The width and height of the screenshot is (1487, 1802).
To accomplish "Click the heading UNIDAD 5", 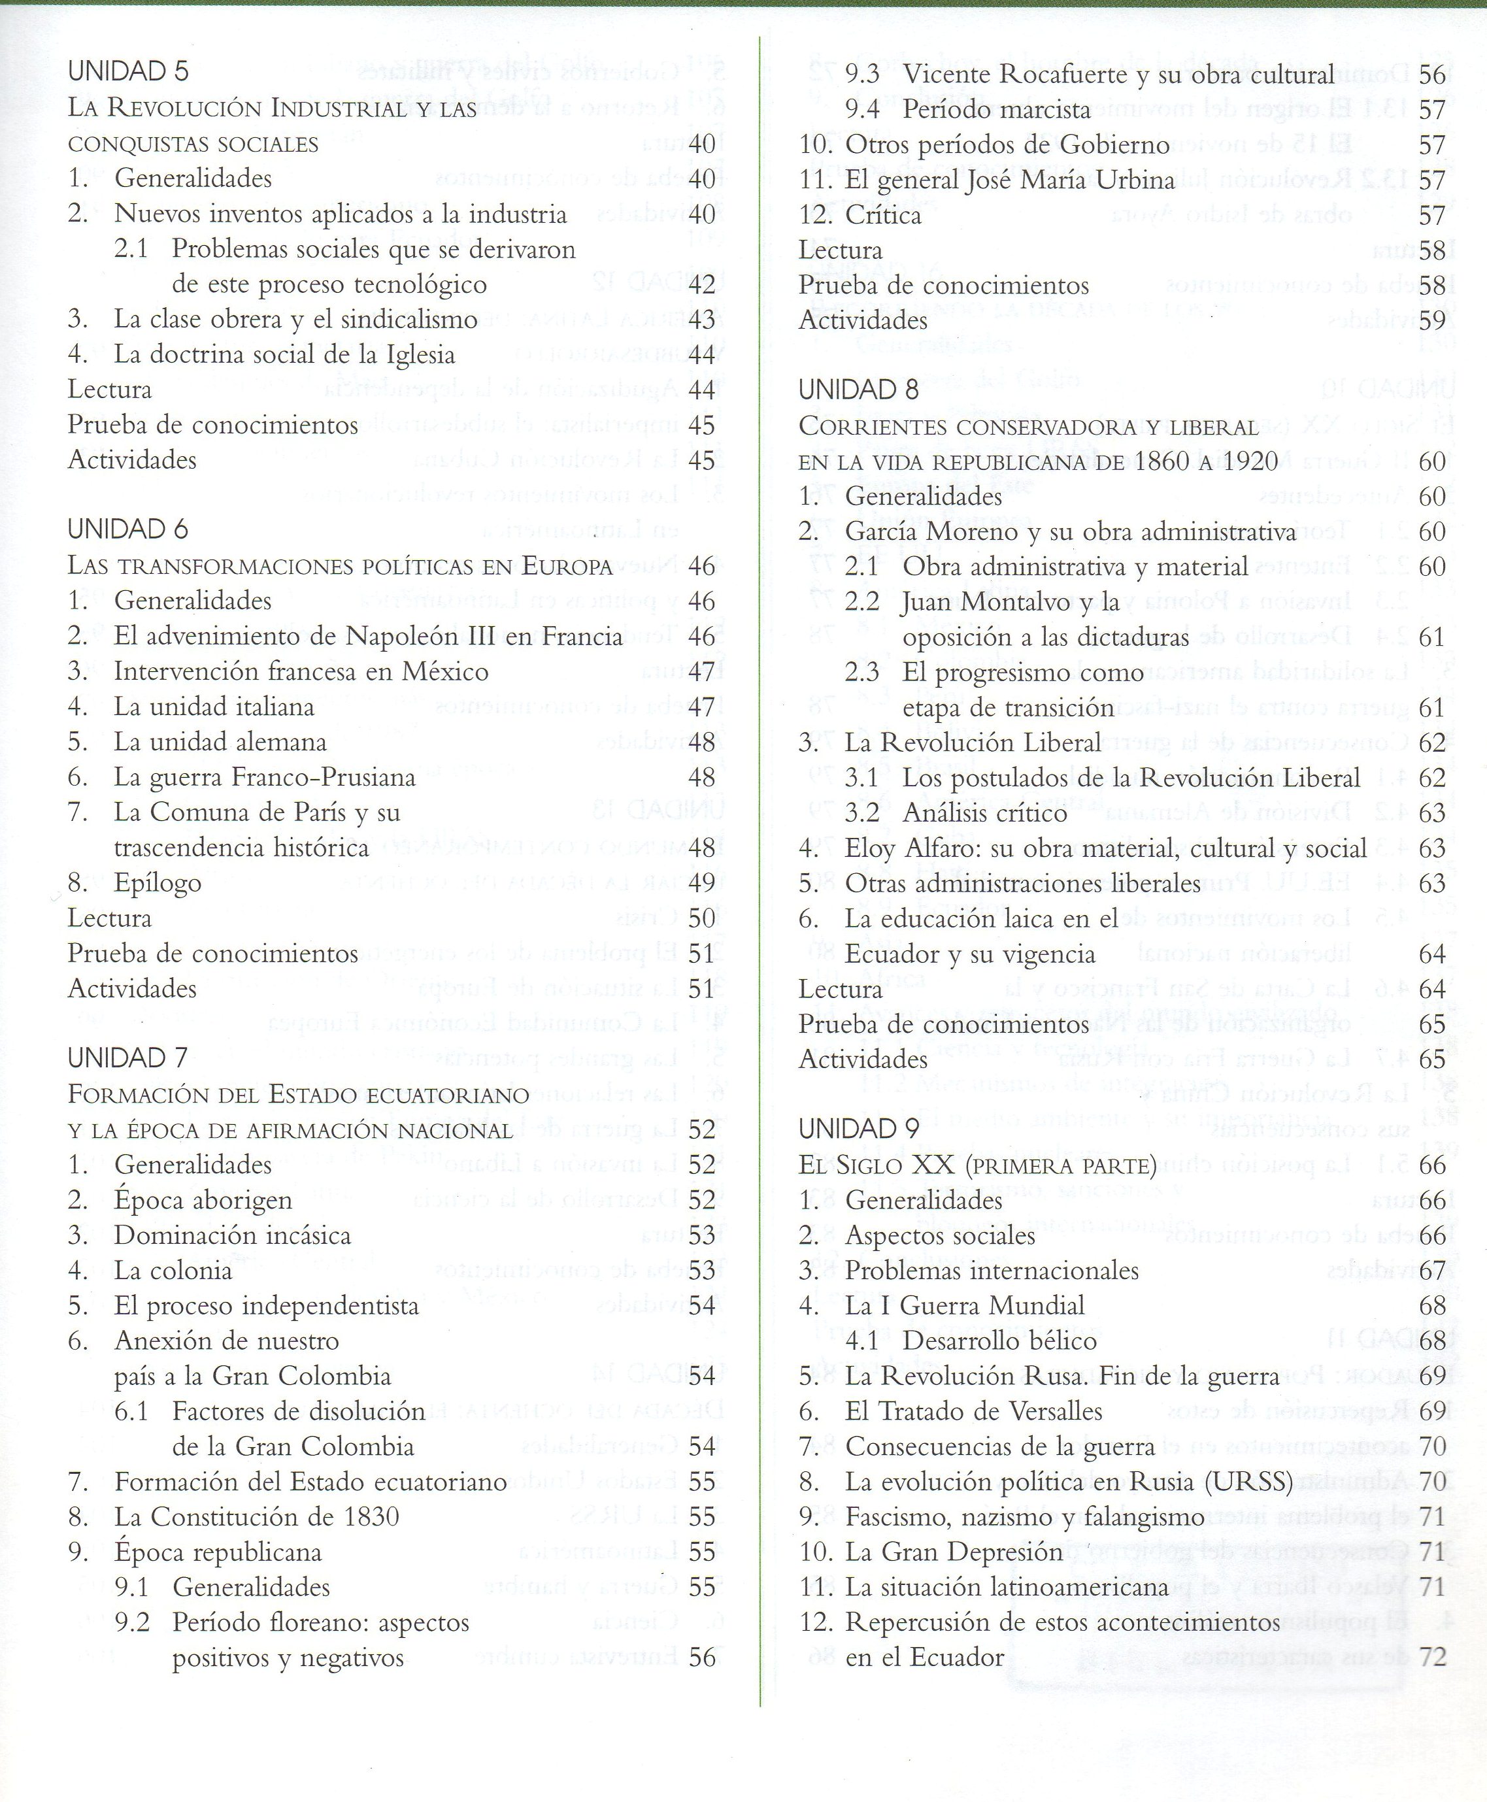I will [129, 72].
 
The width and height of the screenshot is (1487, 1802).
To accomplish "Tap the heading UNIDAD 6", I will [129, 529].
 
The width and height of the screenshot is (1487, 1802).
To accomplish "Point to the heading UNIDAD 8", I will [858, 391].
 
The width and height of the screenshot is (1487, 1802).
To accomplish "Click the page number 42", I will [701, 285].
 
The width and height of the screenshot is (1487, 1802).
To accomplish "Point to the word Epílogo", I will [158, 883].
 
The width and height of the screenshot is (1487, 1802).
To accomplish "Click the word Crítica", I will [883, 216].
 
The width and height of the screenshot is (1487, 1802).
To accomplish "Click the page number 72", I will [1432, 1658].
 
